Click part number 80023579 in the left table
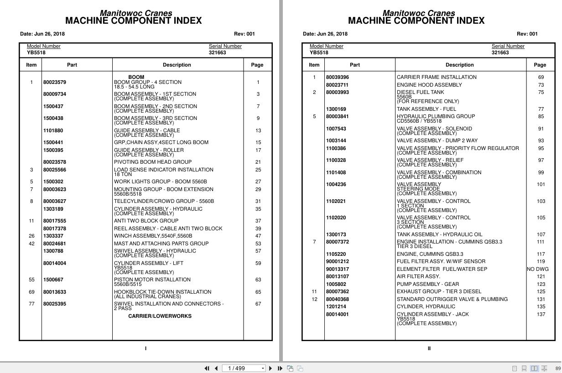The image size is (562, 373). [x=54, y=83]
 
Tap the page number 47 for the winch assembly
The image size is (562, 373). [x=258, y=236]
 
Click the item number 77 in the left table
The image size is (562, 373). [x=31, y=304]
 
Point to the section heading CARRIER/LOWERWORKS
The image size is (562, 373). [x=160, y=316]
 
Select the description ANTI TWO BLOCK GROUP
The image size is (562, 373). [x=146, y=221]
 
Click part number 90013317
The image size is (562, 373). [x=337, y=269]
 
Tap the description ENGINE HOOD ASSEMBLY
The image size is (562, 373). [x=429, y=85]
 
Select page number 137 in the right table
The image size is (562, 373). [x=541, y=314]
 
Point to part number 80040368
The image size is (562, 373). [x=337, y=299]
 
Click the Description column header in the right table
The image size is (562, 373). [x=459, y=65]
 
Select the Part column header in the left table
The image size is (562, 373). [x=72, y=65]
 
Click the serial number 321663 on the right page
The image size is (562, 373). [x=500, y=52]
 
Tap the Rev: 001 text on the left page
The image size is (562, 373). [x=245, y=34]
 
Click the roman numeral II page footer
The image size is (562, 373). [x=429, y=348]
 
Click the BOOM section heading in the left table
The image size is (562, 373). [x=136, y=77]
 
